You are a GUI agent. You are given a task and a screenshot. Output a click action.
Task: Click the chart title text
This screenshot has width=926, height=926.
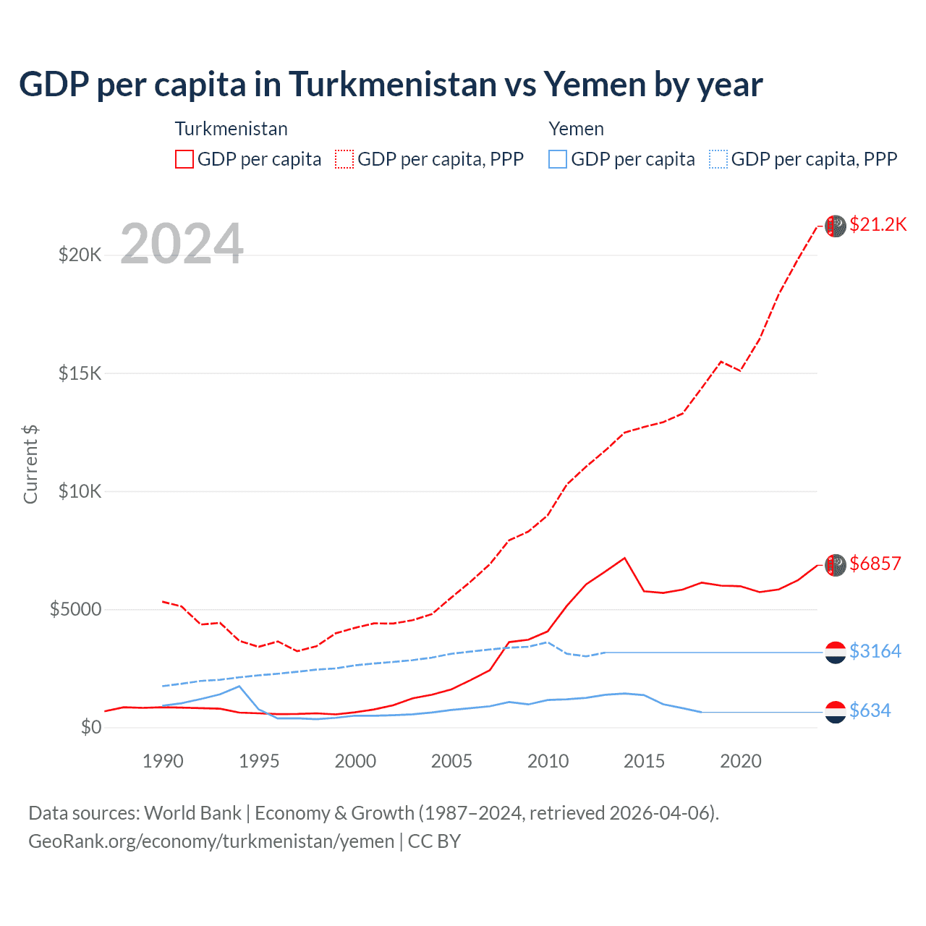click(x=391, y=84)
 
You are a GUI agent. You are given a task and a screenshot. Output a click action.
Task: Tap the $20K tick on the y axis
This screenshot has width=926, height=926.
click(x=80, y=255)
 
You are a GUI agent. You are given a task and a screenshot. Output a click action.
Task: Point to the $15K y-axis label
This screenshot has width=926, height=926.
click(x=80, y=373)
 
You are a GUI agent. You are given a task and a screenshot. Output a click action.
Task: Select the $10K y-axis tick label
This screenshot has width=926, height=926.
click(x=80, y=491)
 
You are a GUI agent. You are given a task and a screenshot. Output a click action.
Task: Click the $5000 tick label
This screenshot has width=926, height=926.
click(x=75, y=609)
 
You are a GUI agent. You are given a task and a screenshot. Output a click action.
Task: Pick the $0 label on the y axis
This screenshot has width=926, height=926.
click(x=90, y=727)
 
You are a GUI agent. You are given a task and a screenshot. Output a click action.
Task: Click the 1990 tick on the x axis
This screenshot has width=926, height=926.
click(x=163, y=761)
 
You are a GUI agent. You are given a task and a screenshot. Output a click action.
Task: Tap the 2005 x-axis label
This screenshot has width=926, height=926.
click(x=451, y=761)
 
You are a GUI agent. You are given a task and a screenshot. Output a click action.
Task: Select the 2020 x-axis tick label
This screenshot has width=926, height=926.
click(x=741, y=761)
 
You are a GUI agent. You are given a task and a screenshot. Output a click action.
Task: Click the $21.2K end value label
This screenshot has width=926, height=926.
click(x=878, y=224)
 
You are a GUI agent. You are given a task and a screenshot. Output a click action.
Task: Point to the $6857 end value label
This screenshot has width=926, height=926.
click(x=875, y=564)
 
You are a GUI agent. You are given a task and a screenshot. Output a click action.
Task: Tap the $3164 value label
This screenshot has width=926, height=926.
click(x=875, y=651)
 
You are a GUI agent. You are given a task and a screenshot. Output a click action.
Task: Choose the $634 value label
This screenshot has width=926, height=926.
click(x=870, y=710)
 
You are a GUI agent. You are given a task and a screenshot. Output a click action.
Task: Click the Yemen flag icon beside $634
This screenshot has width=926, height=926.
click(x=836, y=712)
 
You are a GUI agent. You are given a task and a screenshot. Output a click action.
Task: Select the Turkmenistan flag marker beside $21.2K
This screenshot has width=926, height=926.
click(x=836, y=226)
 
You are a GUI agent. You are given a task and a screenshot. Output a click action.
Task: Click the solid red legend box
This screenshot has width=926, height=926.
click(x=184, y=159)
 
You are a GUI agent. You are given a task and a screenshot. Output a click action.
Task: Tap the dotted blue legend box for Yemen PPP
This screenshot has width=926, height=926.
click(x=718, y=159)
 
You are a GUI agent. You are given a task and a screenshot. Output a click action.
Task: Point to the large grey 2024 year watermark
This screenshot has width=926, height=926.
click(x=182, y=244)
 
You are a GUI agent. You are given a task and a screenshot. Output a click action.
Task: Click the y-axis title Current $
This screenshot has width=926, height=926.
click(x=30, y=464)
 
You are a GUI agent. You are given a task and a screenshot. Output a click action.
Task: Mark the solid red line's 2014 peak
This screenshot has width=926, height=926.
click(x=624, y=558)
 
